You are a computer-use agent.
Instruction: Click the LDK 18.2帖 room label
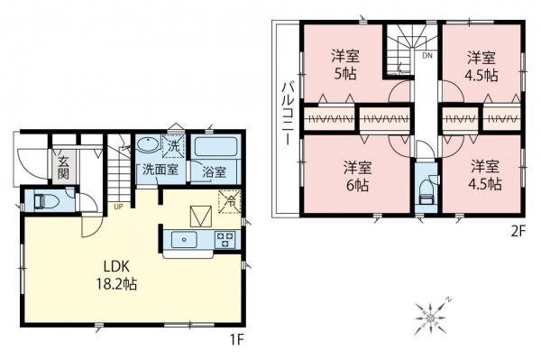pyautogui.click(x=125, y=274)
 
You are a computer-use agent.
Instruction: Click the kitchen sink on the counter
pyautogui.click(x=185, y=239)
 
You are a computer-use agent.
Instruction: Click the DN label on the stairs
pyautogui.click(x=426, y=55)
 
